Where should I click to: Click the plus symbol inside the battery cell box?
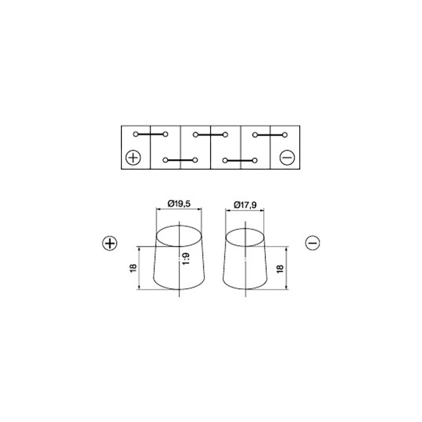pyautogui.click(x=133, y=157)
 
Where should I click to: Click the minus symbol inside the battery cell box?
pyautogui.click(x=287, y=157)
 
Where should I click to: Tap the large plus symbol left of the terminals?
pyautogui.click(x=110, y=243)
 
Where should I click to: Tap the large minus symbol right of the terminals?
pyautogui.click(x=312, y=243)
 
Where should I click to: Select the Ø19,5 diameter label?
pyautogui.click(x=179, y=204)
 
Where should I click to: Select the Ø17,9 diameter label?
pyautogui.click(x=245, y=205)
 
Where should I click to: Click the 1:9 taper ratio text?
pyautogui.click(x=186, y=258)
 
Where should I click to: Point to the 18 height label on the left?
pyautogui.click(x=133, y=268)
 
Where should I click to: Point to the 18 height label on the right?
pyautogui.click(x=280, y=268)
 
